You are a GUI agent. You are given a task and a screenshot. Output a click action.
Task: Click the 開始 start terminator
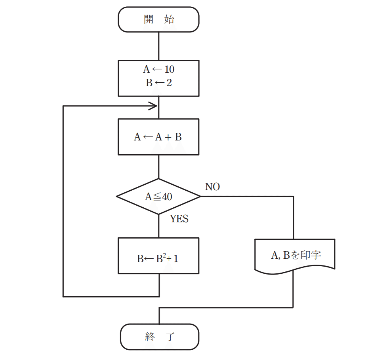point(158,19)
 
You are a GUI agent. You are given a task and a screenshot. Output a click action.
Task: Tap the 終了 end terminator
point(159,337)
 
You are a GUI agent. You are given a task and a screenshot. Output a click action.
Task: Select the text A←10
point(158,70)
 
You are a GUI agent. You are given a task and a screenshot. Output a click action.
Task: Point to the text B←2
point(158,83)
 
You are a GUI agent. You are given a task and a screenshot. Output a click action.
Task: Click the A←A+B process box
point(158,137)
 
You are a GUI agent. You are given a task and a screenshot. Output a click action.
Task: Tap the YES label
point(179,219)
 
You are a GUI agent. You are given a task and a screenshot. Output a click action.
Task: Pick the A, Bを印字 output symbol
point(295,255)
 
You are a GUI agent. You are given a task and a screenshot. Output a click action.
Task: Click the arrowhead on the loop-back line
point(153,106)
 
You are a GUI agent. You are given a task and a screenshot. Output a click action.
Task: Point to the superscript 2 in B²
point(166,256)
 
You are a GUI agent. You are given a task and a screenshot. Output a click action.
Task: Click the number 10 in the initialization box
point(169,70)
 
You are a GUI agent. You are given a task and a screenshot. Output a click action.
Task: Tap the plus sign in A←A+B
point(168,137)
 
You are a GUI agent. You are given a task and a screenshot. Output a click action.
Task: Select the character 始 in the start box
point(169,19)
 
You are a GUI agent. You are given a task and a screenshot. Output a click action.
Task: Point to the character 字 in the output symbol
point(315,255)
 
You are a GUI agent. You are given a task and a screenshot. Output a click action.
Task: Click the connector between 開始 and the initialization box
point(158,46)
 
